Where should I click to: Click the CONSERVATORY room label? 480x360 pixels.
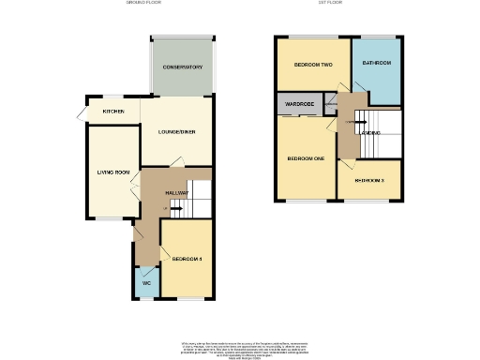tap(182, 67)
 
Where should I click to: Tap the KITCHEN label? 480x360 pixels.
tap(113, 111)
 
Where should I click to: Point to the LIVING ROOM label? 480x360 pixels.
tap(113, 172)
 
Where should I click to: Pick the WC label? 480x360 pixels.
tap(146, 282)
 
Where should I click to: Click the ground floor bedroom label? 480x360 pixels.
tap(187, 258)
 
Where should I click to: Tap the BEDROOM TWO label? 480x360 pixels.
tap(313, 65)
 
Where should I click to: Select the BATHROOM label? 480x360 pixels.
tap(376, 63)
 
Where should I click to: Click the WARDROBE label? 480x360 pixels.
tap(298, 104)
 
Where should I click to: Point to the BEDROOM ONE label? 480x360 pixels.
tap(306, 158)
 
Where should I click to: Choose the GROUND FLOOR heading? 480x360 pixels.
tap(145, 4)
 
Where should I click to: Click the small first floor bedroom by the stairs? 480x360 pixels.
tap(369, 180)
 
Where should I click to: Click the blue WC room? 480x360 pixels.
tap(146, 281)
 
